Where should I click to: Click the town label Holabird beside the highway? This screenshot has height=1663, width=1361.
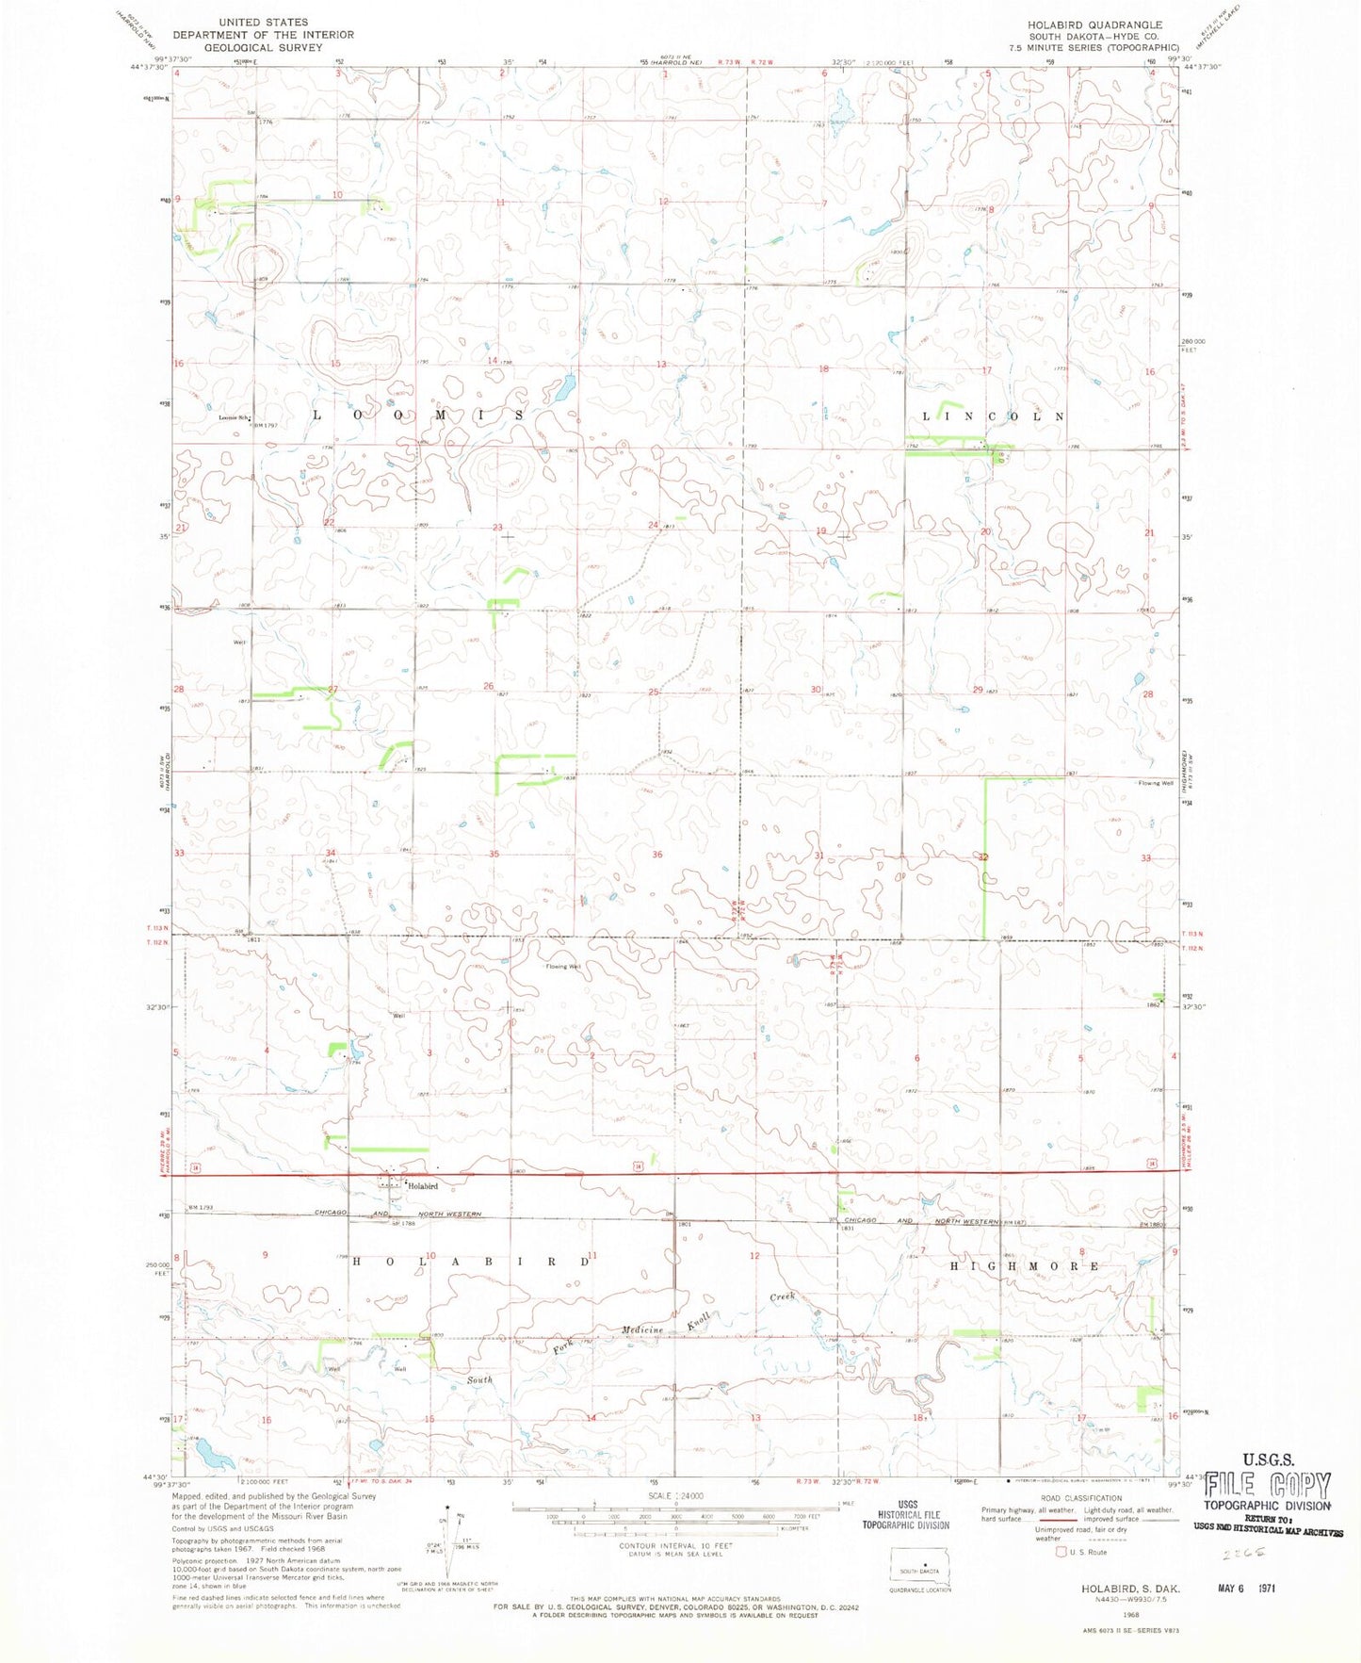click(423, 1186)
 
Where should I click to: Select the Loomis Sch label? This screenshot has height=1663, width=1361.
click(235, 417)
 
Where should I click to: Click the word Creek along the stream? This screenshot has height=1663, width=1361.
click(783, 1296)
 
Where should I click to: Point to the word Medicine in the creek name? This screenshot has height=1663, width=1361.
click(642, 1329)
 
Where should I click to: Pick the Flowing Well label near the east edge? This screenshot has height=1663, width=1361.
click(1156, 783)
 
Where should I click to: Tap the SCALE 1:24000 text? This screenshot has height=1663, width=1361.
click(675, 1496)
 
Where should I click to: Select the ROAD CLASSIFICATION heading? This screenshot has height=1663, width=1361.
click(1081, 1498)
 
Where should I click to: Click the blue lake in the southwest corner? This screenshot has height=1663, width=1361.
click(215, 1457)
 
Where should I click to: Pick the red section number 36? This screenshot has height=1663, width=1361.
click(657, 855)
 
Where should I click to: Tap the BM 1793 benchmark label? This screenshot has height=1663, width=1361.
click(201, 1208)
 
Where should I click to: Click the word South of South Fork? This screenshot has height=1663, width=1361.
click(479, 1379)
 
